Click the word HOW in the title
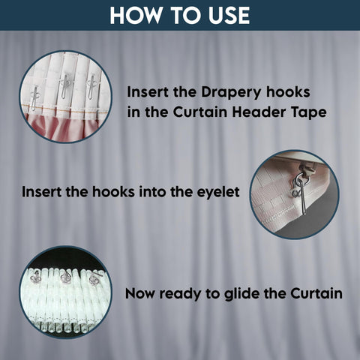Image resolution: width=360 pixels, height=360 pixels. click(x=136, y=15)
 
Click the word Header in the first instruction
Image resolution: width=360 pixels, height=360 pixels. click(x=259, y=112)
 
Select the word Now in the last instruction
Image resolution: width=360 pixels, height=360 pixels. click(x=139, y=293)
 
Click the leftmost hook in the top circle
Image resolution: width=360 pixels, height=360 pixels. click(x=34, y=98)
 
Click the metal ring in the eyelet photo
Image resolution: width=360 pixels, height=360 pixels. click(x=299, y=179)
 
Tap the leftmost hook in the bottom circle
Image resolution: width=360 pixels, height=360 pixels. click(x=35, y=277)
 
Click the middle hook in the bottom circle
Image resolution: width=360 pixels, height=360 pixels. click(x=66, y=277)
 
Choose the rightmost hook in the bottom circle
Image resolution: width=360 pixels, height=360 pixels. click(x=95, y=278)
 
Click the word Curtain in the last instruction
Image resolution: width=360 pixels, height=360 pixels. click(x=316, y=293)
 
